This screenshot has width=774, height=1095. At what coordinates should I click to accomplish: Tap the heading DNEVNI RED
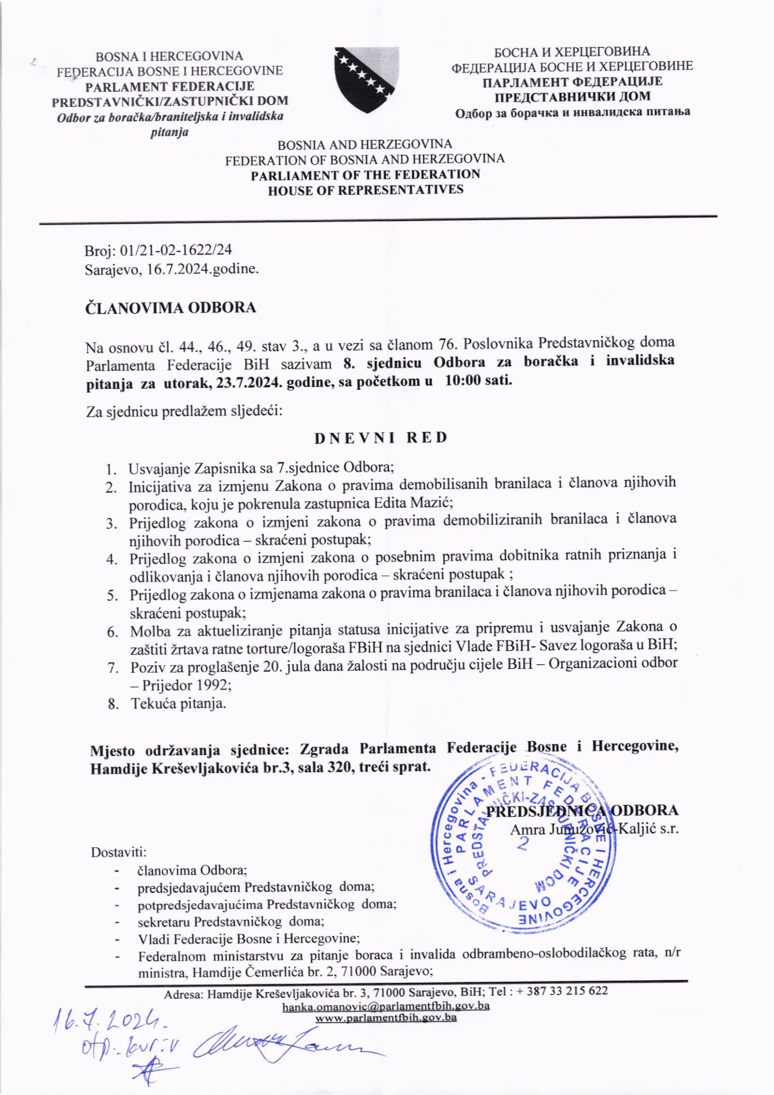point(381,438)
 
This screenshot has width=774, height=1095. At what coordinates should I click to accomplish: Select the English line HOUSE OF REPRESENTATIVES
point(365,190)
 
